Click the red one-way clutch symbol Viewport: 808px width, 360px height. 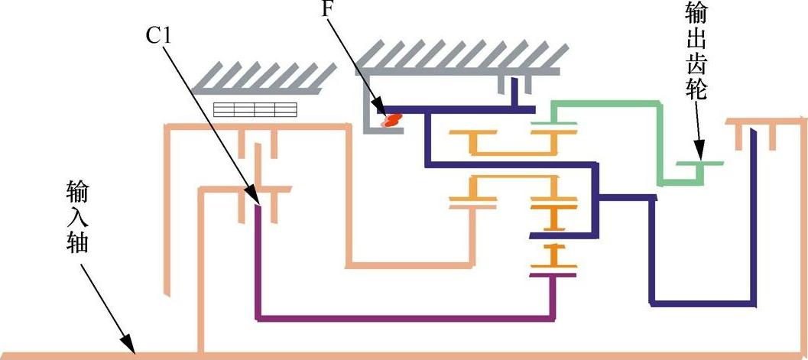click(x=392, y=120)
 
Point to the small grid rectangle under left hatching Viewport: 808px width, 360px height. click(x=255, y=109)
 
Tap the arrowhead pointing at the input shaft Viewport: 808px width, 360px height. click(x=131, y=348)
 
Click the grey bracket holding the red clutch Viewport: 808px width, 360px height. click(x=368, y=107)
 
